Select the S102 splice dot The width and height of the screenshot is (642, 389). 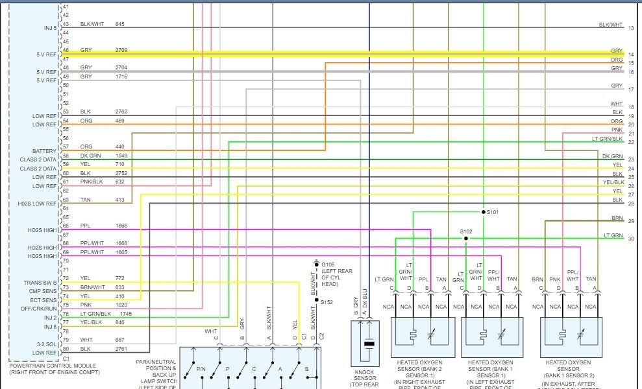pos(465,238)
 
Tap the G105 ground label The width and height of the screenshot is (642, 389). pos(328,265)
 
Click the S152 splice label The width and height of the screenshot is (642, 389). pos(328,301)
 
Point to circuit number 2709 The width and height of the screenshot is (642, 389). pos(121,50)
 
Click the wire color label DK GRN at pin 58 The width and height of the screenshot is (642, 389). pos(90,156)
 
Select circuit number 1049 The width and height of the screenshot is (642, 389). pos(121,156)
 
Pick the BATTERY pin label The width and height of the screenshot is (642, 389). pos(45,151)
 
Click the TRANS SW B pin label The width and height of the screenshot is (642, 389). pos(42,283)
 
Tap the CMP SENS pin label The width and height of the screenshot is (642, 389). pos(44,292)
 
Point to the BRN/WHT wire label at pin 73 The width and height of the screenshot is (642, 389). pos(93,287)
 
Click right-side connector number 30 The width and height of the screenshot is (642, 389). pos(631,239)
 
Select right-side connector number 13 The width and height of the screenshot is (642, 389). pos(631,28)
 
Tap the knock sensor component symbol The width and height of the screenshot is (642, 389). pos(369,343)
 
